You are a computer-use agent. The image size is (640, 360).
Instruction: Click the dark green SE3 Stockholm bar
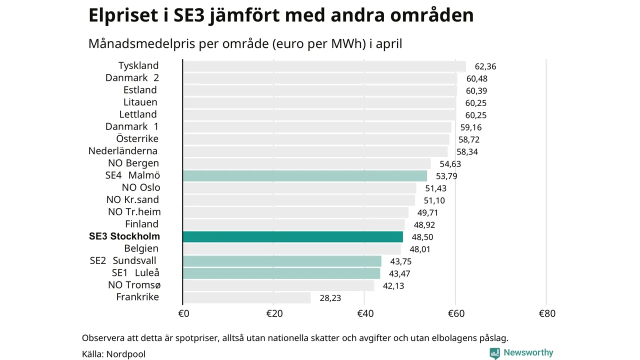tap(293, 236)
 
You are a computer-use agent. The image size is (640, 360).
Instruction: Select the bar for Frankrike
tap(247, 297)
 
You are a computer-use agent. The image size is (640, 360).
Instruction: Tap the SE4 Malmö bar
tap(305, 175)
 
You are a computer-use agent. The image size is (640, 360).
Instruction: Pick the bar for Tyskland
tap(324, 66)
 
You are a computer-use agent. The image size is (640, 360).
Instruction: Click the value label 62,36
tap(485, 66)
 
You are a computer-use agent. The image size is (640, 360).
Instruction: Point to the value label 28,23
tap(330, 298)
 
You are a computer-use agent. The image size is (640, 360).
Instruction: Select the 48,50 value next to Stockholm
tap(422, 237)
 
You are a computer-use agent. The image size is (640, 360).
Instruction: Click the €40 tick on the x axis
tap(365, 314)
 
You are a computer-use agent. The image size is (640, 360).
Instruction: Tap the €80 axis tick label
tap(547, 314)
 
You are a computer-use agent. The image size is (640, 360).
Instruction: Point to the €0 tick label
tap(183, 314)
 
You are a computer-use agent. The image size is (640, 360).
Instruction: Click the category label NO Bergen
tap(133, 163)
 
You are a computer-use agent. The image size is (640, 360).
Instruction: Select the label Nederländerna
tap(123, 151)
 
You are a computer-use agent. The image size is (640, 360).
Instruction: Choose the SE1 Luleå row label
tap(135, 273)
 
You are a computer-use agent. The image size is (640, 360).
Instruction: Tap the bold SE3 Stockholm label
tap(124, 236)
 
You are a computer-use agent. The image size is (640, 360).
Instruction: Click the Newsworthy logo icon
tap(495, 353)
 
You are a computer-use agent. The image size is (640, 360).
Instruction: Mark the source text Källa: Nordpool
tap(113, 354)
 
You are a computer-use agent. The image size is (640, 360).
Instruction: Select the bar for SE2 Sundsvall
tap(282, 261)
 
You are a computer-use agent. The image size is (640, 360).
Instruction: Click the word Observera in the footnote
tap(103, 338)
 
